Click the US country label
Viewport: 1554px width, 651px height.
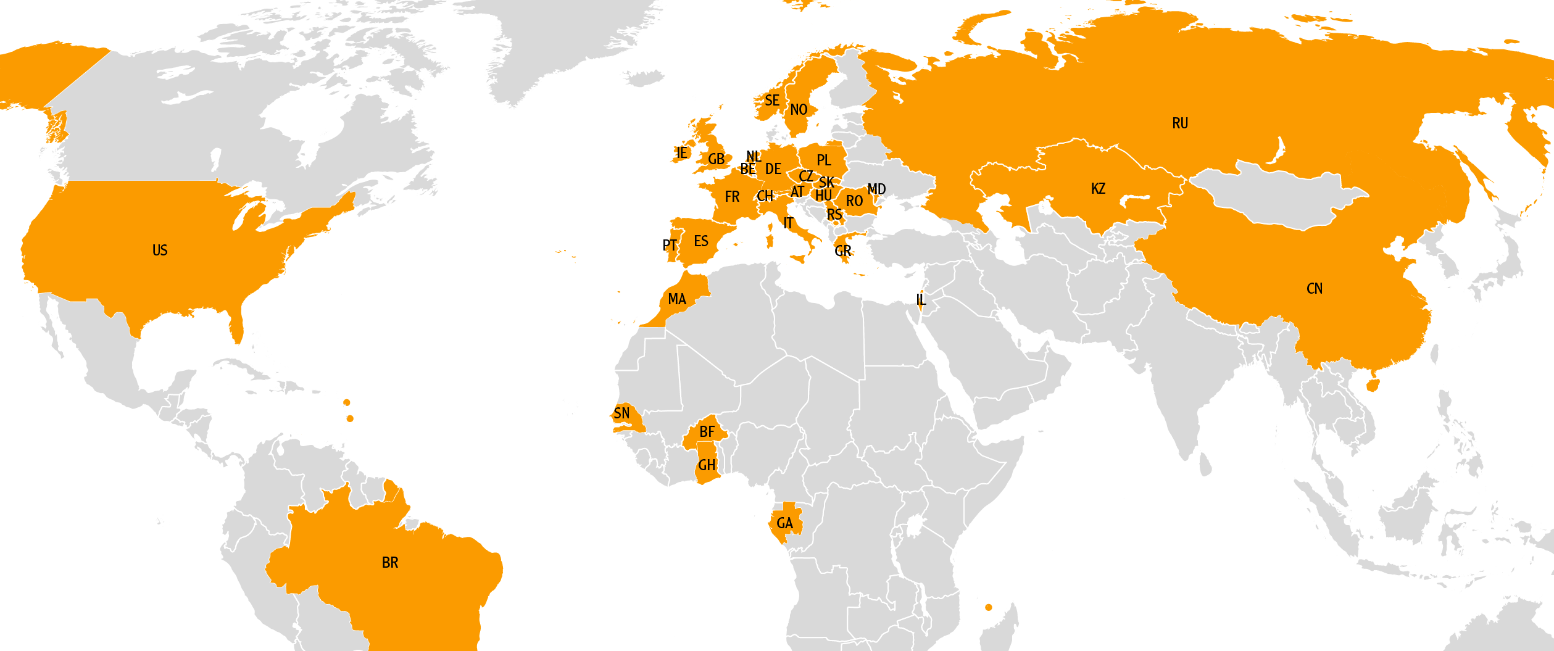(160, 251)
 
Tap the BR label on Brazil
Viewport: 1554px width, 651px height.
(390, 563)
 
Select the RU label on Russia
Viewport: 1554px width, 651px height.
(1180, 123)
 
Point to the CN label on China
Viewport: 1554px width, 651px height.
(1315, 289)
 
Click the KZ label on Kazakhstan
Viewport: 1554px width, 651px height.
(1098, 189)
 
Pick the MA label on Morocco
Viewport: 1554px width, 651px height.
(677, 300)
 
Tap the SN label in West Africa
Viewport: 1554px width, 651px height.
(621, 413)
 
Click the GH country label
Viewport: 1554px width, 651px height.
(707, 465)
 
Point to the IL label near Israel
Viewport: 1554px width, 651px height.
(921, 300)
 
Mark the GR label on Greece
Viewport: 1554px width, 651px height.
(843, 251)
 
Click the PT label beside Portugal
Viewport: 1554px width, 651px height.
(670, 246)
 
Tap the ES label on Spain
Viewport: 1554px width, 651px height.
(701, 241)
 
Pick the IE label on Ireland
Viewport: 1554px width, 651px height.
(681, 153)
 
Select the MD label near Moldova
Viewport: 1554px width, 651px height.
(876, 189)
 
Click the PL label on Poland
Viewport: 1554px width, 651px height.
(824, 160)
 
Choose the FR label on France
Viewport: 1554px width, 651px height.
(732, 197)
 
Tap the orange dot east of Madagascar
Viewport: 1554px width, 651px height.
(989, 608)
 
